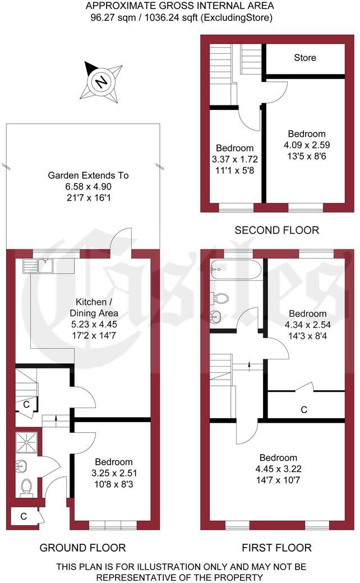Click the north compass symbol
coord(101,82)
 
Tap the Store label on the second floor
coord(305,58)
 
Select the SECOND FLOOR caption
coord(276,230)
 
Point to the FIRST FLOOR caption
coord(276,547)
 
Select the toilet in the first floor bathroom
coord(220,297)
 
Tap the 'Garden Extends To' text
coord(88,175)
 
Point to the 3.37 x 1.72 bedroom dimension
coord(235,159)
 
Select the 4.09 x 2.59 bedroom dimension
coord(307,145)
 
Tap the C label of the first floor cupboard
coord(304,410)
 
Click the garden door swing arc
coord(122,238)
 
